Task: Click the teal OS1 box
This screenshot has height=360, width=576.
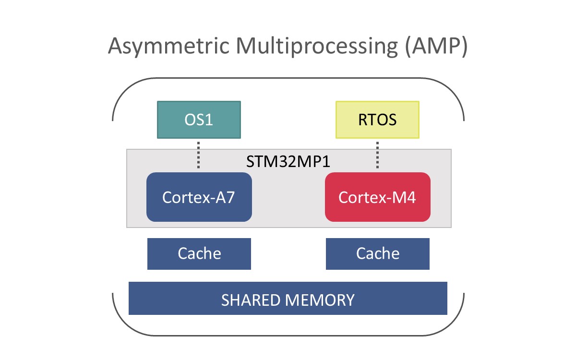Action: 199,120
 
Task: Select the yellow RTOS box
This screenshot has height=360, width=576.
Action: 377,120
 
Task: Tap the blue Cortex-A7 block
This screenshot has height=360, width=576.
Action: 199,197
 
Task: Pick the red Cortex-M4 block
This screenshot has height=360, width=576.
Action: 377,197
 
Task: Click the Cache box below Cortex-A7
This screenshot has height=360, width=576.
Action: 199,254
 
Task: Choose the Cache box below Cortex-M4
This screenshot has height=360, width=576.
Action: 377,254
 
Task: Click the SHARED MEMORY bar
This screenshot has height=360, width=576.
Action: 288,298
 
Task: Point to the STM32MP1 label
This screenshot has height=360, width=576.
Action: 288,161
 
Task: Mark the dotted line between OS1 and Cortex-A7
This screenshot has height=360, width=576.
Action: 198,155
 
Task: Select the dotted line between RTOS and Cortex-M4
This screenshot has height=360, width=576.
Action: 377,155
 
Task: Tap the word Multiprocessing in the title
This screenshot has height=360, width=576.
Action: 317,46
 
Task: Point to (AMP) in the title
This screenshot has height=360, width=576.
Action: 436,46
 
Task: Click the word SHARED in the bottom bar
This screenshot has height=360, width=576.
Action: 251,300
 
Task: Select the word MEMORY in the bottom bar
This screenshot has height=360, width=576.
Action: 320,300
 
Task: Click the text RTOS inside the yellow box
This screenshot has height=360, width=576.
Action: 377,120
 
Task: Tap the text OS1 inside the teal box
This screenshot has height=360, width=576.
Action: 199,120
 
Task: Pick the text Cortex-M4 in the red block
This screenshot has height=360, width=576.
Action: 377,197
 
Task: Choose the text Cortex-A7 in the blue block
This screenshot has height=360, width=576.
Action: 199,197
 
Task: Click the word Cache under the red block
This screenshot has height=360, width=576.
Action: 378,253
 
